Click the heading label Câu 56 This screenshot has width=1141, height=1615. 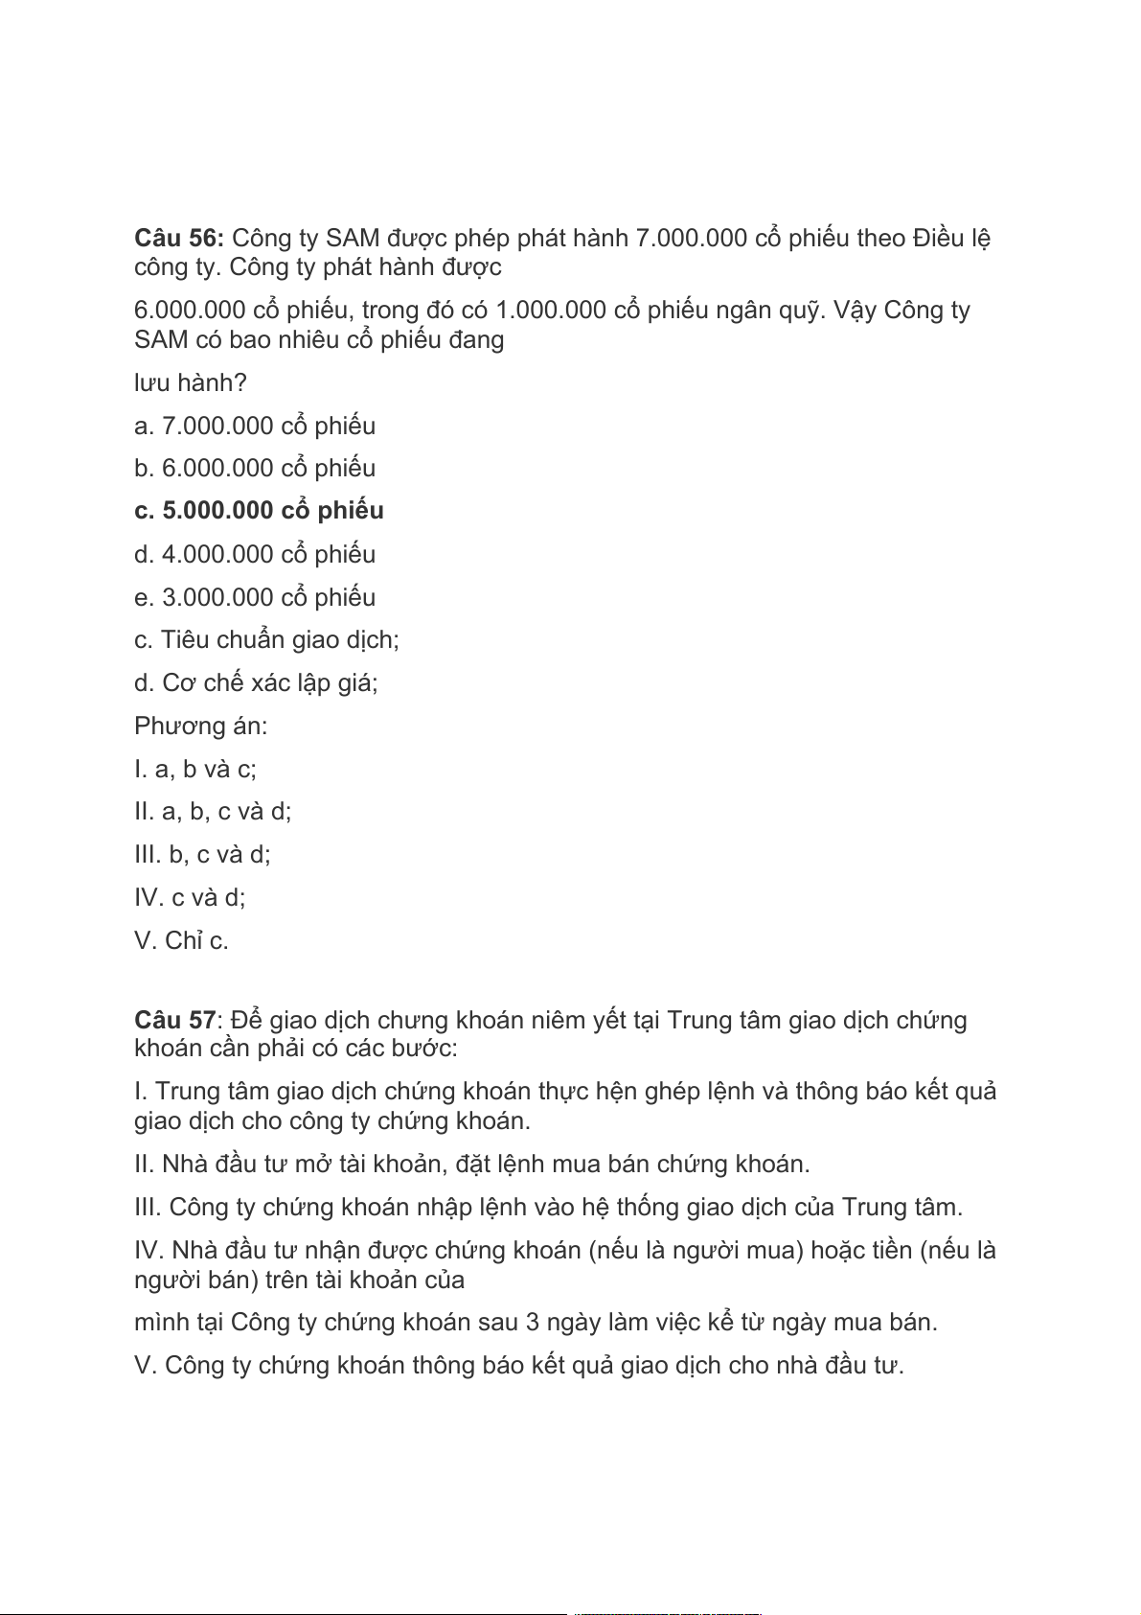click(x=179, y=238)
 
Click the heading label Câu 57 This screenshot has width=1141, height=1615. click(x=175, y=1020)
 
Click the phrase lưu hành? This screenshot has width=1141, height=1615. click(x=190, y=382)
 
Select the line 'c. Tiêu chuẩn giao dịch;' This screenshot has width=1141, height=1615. click(x=266, y=639)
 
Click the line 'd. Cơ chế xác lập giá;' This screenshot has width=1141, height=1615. click(x=256, y=682)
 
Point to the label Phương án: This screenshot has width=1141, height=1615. click(x=200, y=726)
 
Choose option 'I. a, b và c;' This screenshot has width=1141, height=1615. click(x=195, y=769)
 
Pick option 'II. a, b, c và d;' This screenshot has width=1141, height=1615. click(x=213, y=812)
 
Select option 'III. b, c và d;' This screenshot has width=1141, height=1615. click(x=202, y=854)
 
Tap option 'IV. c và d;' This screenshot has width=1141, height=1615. click(x=190, y=897)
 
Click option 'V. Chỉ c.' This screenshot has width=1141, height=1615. click(x=181, y=940)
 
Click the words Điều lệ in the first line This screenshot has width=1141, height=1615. click(x=950, y=238)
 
